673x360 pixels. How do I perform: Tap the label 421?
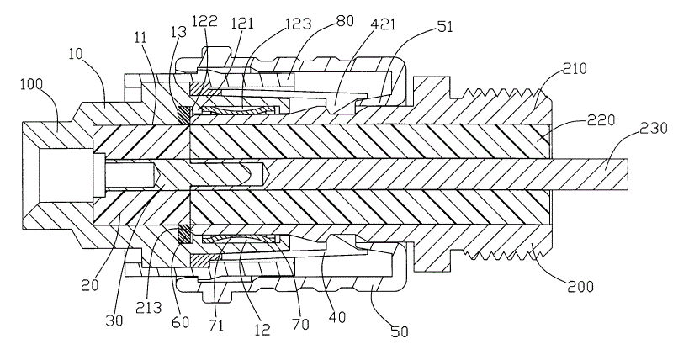pos(366,28)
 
